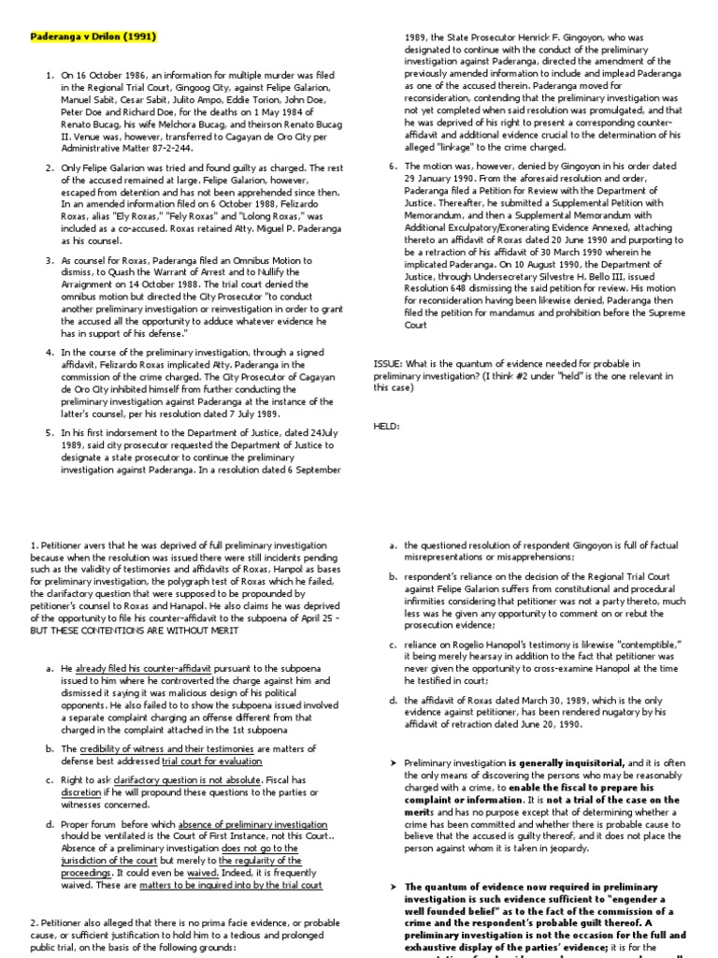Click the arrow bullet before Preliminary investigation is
[394, 764]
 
